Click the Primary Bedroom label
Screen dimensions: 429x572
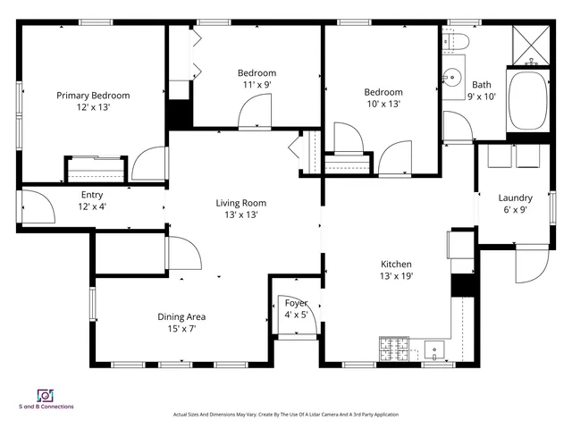point(93,96)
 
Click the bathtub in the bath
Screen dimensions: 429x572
point(528,101)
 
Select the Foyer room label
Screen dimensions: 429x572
point(296,304)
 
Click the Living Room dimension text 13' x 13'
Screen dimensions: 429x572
point(240,214)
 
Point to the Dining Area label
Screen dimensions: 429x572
point(182,316)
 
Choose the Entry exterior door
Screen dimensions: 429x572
point(35,208)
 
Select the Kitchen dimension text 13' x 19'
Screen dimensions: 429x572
point(396,276)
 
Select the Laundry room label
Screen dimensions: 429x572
point(515,198)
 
